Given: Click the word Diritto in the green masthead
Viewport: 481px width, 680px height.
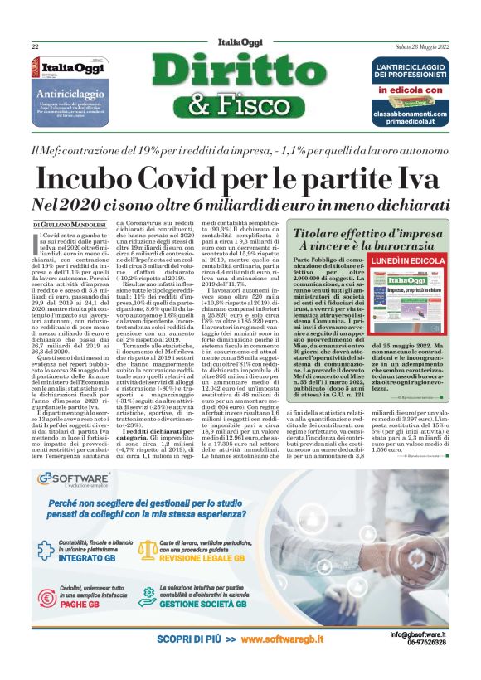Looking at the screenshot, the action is [240, 72].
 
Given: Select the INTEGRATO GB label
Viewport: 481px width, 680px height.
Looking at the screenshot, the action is [93, 536].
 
